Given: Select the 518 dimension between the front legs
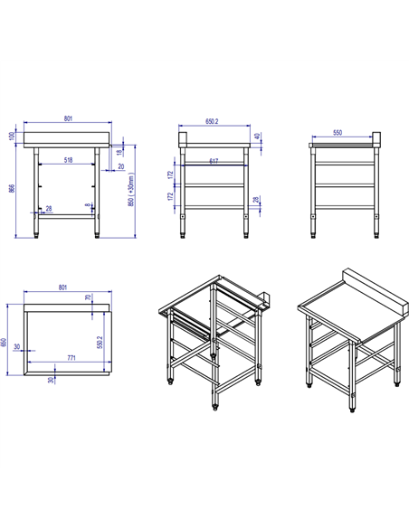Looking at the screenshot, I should (x=69, y=160).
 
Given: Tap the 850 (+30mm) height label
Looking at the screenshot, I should (x=132, y=189).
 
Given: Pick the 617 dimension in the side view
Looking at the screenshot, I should (x=213, y=161).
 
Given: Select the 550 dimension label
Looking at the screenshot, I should (x=338, y=133).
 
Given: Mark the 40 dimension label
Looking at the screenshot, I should (x=257, y=137).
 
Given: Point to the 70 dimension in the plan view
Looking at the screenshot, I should (x=88, y=297).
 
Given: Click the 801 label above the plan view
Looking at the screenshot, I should (x=62, y=288).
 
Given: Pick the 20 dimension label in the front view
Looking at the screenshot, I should (x=121, y=166).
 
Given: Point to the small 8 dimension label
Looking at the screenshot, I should (x=87, y=205).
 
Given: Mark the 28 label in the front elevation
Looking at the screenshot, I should (x=49, y=209).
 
